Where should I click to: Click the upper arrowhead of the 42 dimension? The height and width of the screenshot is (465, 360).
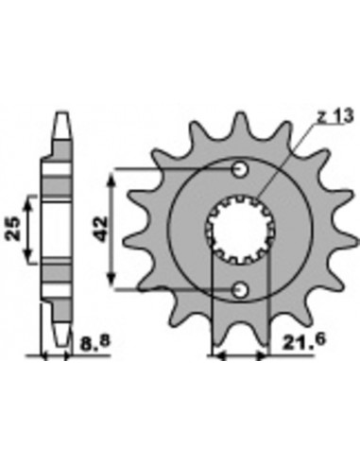coord(113,176)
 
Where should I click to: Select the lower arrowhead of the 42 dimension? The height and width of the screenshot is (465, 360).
coord(113,283)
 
